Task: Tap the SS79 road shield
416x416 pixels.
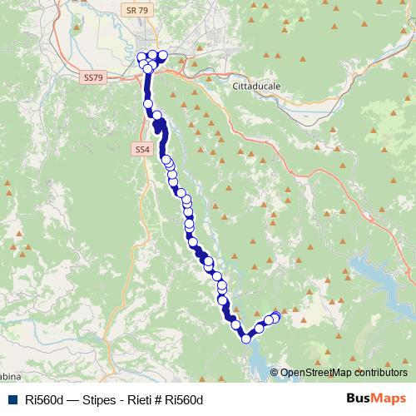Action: pos(93,77)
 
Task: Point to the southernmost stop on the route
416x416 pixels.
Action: pos(246,338)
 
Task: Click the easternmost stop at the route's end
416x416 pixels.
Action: pos(276,316)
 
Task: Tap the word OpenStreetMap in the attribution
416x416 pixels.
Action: pos(316,373)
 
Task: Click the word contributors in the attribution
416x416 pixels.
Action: pos(381,373)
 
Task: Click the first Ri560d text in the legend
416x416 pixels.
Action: pos(45,400)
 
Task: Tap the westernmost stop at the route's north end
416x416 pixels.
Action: pos(141,59)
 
